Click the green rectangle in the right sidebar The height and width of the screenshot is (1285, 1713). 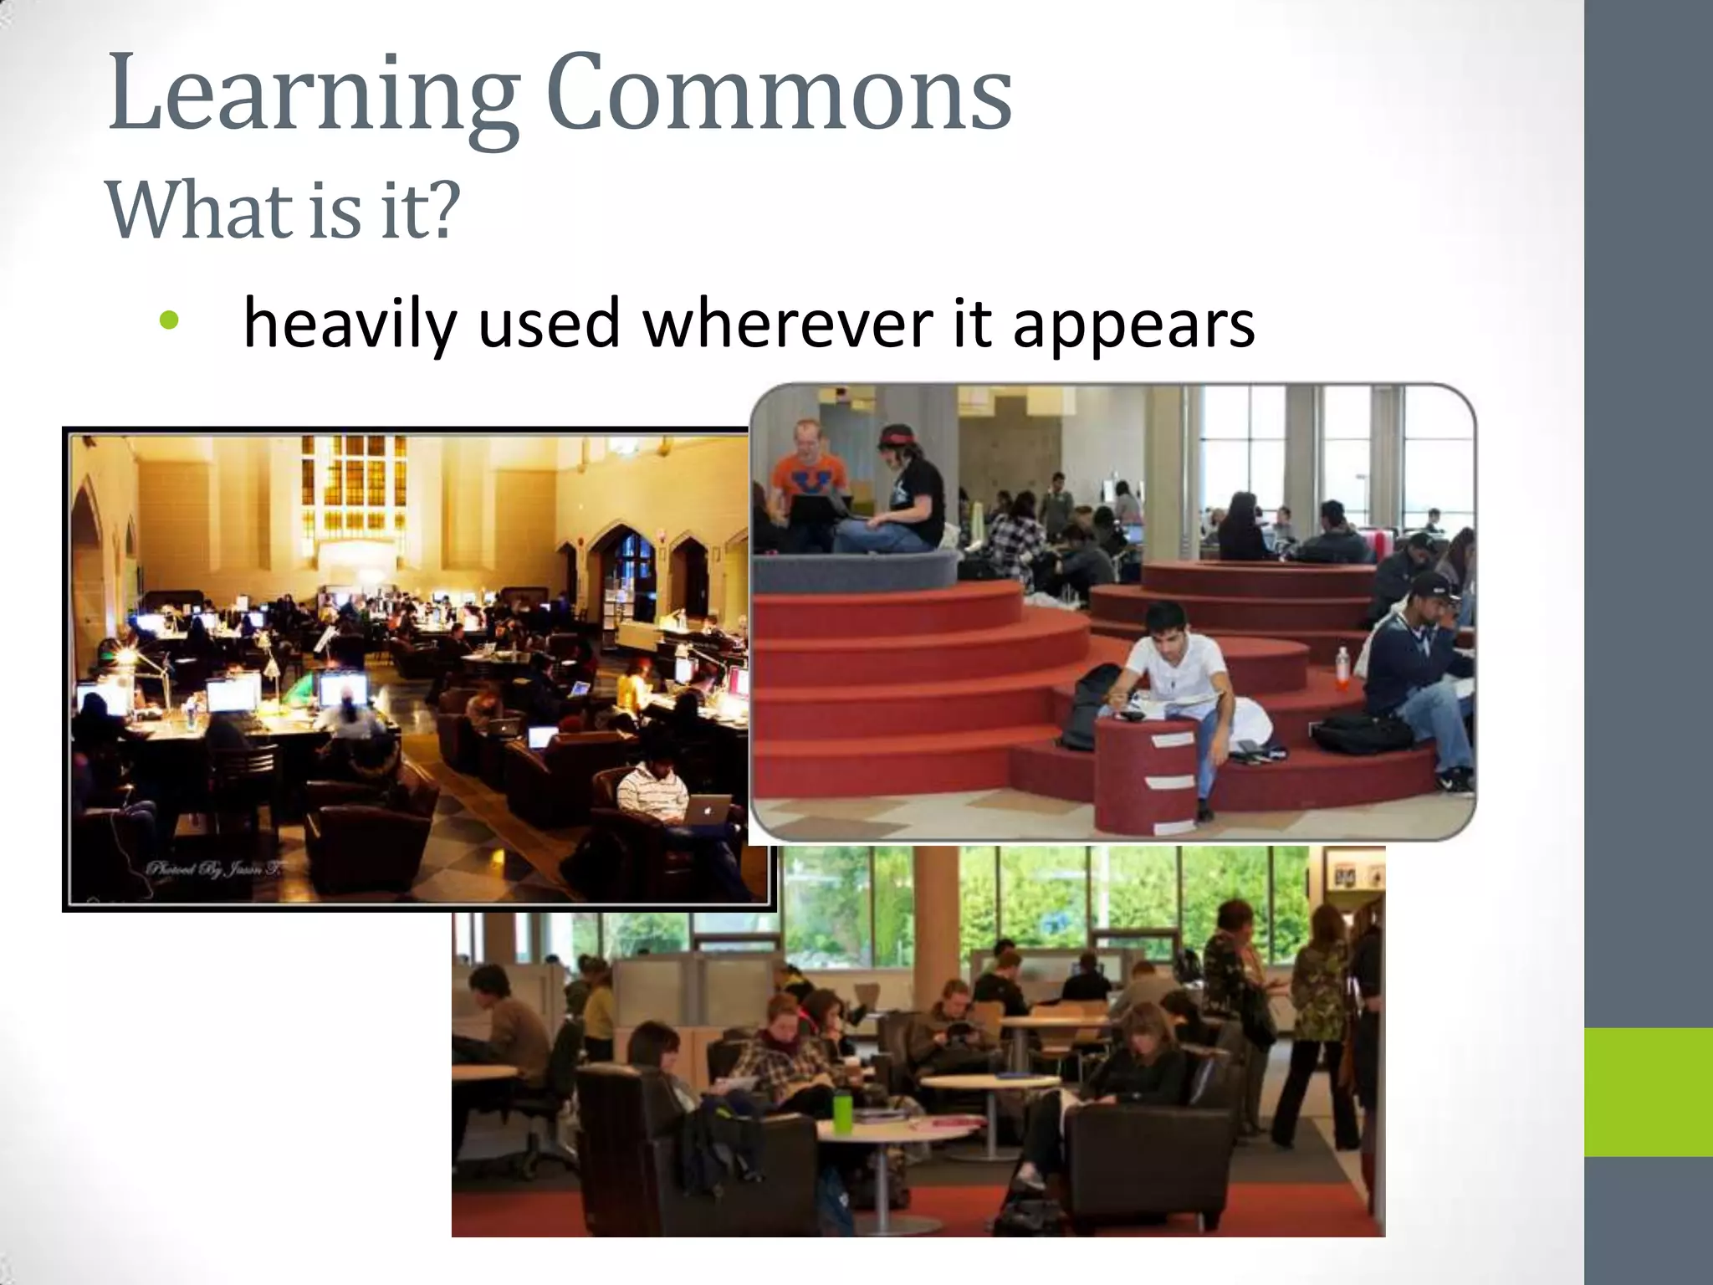[1648, 1092]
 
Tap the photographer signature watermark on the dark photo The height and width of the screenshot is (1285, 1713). [214, 868]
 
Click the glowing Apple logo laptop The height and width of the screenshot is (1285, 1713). [708, 810]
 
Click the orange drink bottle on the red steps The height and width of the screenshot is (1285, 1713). [1342, 668]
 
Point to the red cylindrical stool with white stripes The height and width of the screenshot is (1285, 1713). [1146, 774]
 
